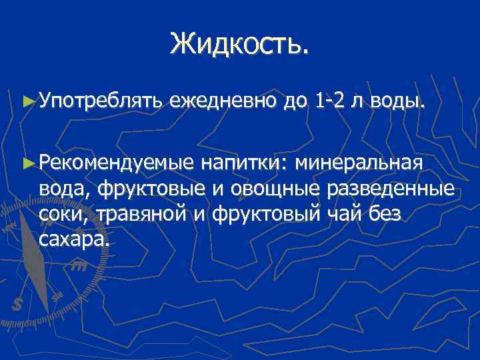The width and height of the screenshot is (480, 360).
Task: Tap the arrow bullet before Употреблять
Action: tap(27, 102)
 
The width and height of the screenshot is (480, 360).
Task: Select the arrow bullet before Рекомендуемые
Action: tap(27, 163)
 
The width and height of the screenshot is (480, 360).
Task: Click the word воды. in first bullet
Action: tap(393, 102)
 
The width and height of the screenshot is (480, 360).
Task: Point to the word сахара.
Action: tap(72, 240)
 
